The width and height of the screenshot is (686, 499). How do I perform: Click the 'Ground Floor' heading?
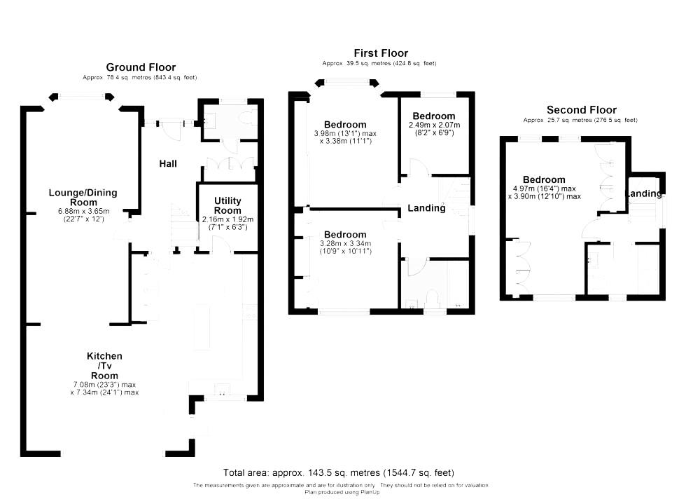(141, 67)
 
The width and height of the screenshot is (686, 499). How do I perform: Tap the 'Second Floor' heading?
(581, 110)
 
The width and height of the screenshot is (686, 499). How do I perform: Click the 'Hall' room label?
(168, 163)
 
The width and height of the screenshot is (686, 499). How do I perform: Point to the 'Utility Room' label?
(227, 205)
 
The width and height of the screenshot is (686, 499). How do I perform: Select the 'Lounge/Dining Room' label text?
(83, 198)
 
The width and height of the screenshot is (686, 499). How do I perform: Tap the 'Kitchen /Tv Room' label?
(104, 366)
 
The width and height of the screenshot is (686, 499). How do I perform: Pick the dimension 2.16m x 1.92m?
(227, 219)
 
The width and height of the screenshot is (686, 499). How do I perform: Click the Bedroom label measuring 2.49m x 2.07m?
(433, 116)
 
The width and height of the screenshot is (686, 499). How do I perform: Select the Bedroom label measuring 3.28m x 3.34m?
(344, 234)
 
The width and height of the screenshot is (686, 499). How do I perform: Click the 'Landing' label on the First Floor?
(426, 208)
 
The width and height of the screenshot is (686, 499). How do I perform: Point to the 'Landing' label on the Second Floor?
(643, 193)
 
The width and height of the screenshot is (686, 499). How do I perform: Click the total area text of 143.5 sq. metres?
(343, 472)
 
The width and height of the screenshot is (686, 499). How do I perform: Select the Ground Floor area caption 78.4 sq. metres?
(141, 77)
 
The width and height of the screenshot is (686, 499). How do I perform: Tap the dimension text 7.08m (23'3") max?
(104, 384)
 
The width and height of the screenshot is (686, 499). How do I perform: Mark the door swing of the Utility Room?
(222, 245)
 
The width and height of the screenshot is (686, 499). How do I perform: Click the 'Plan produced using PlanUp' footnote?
(342, 492)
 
